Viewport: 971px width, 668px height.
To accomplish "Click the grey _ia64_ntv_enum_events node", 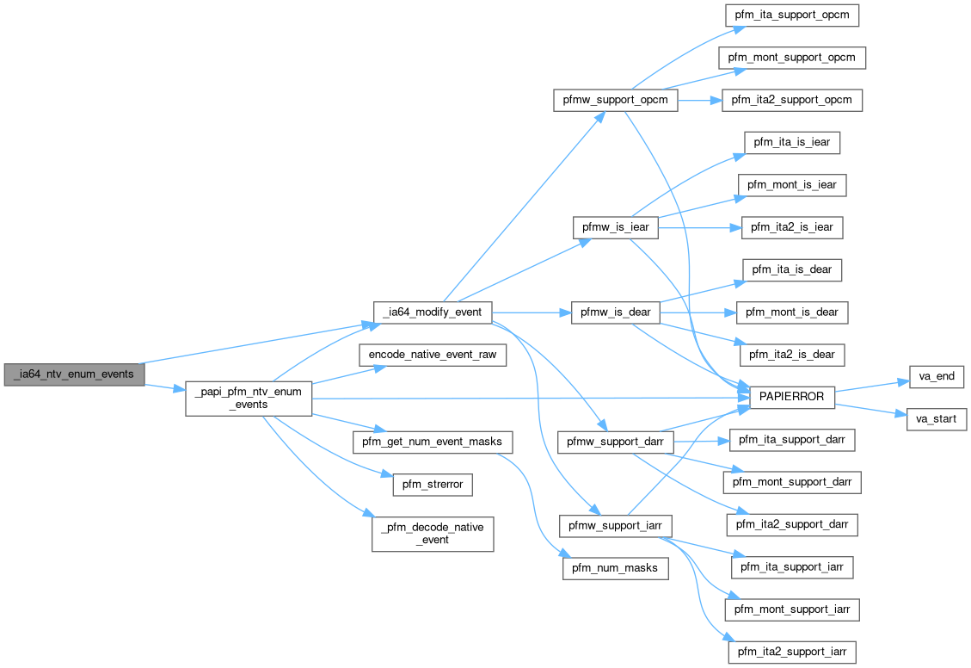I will tap(74, 374).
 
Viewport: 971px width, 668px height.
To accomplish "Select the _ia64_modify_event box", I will tap(433, 311).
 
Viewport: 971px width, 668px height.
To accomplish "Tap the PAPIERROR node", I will tap(792, 398).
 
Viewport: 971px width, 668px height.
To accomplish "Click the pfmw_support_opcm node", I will tap(615, 100).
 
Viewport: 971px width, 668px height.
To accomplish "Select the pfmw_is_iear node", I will tap(615, 227).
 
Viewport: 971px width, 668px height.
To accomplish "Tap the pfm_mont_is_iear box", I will tap(792, 185).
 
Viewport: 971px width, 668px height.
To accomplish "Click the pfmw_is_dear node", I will tap(615, 311).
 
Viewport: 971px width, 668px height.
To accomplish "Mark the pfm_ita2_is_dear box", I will tap(792, 354).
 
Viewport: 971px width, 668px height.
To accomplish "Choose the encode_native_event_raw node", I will tap(433, 354).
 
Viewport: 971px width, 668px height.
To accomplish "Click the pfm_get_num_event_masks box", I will tap(433, 442).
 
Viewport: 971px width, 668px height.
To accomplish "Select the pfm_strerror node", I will tap(433, 484).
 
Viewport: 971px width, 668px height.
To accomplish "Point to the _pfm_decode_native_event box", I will tap(433, 533).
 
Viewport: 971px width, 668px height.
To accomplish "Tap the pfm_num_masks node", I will tap(615, 567).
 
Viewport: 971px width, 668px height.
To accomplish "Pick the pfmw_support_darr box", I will tap(615, 442).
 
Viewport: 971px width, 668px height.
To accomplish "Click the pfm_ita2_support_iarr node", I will tap(792, 651).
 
